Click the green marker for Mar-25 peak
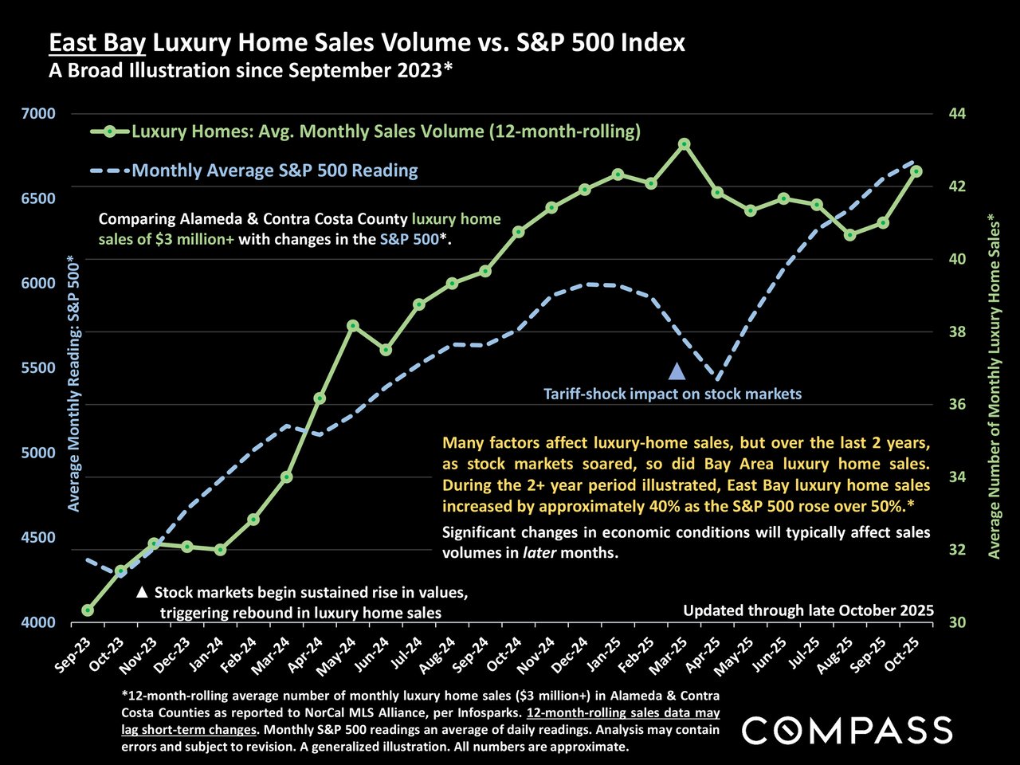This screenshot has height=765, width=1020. [x=684, y=144]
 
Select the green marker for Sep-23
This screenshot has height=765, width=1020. [x=88, y=610]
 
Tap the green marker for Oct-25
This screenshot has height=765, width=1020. [x=916, y=171]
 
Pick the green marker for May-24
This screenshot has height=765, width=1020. [x=353, y=326]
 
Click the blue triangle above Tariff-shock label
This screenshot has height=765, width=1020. [x=677, y=371]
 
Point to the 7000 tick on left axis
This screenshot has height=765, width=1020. [x=39, y=113]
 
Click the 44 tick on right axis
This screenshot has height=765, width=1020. [x=956, y=113]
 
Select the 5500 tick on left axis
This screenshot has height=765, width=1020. [x=39, y=368]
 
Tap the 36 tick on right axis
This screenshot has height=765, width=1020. [x=956, y=405]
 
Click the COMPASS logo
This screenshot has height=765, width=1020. [x=847, y=730]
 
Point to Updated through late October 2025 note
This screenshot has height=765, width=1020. [x=808, y=611]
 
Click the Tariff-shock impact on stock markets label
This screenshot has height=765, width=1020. [x=673, y=394]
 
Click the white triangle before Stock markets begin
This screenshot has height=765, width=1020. [x=143, y=593]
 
